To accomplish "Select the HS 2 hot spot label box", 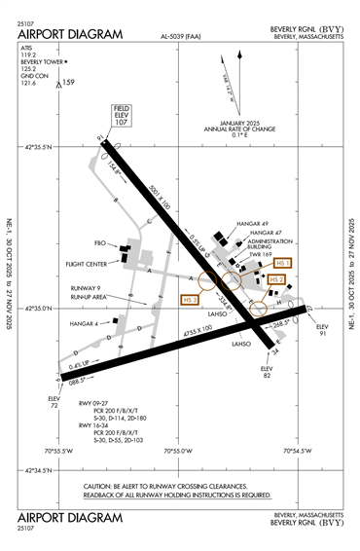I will pos(278,279).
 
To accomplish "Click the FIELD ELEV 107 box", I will pos(122,117).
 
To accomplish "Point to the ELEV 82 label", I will pos(268,372).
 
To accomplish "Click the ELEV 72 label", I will pos(54,400).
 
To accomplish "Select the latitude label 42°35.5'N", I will pos(39,146).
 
